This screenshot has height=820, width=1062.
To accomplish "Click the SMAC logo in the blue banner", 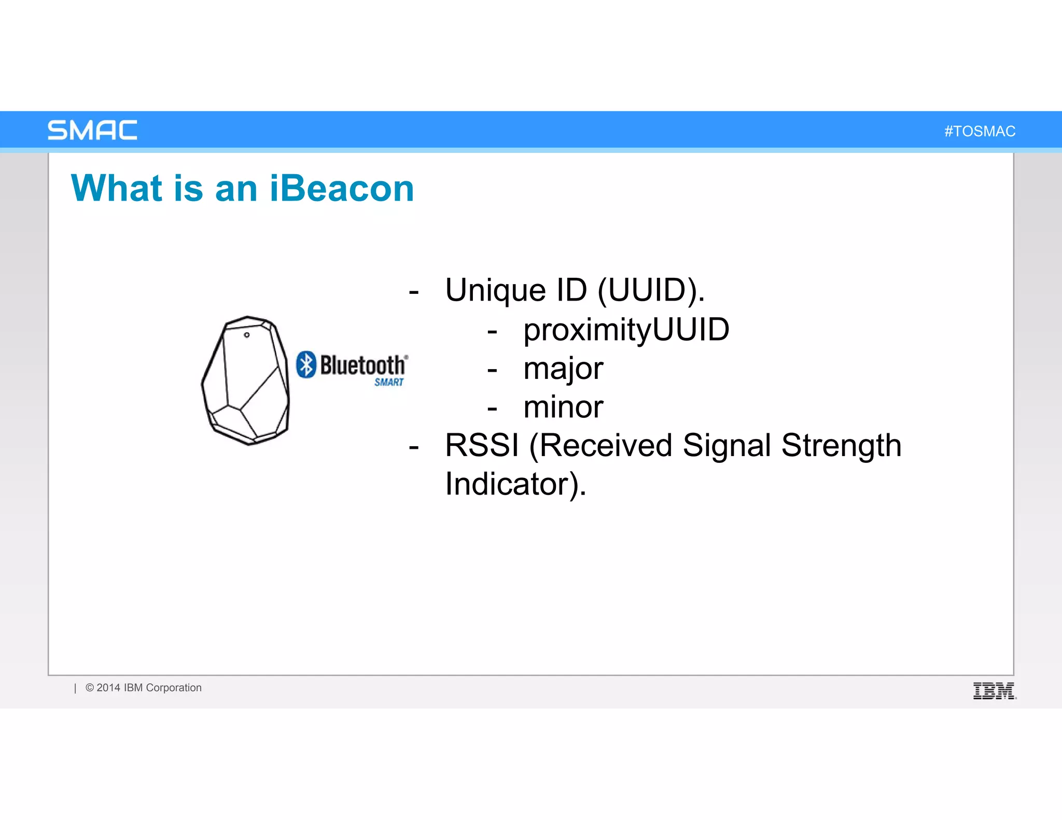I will coord(92,130).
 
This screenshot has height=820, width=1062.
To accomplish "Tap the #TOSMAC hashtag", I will coord(980,131).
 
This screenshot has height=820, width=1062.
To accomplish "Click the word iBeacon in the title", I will coord(342,188).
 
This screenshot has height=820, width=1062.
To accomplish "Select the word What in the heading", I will coord(117,188).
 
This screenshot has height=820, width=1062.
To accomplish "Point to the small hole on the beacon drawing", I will coord(247,335).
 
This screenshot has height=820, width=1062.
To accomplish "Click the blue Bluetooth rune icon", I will coord(306,364).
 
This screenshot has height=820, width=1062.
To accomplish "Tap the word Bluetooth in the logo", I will coord(362,365).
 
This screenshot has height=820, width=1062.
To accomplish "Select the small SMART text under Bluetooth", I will coord(389,383).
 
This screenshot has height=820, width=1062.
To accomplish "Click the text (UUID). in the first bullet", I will coord(651,290).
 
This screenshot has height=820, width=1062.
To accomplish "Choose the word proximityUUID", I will coord(626,330).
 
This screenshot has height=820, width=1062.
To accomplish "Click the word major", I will coord(563,369).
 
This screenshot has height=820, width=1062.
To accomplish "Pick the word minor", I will coord(563,407).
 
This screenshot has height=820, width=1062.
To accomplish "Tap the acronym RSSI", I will coord(482,445).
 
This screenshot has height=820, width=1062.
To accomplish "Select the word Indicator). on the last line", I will coord(515,484).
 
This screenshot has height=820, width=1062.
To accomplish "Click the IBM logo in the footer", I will coord(994,691).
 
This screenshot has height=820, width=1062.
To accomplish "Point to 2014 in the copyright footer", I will coord(108,688).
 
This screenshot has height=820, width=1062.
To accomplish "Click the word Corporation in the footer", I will coord(174,688).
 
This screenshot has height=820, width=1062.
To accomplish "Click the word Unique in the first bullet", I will coord(495,290).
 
